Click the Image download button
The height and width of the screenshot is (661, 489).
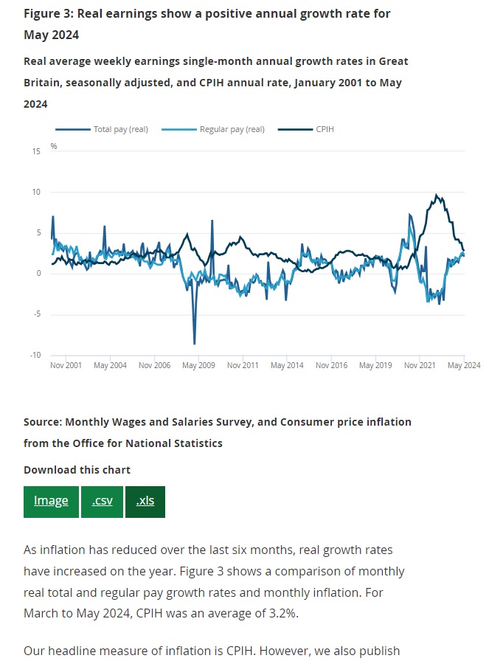51,501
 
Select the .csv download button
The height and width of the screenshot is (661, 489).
103,501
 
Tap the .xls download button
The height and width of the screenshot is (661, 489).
145,501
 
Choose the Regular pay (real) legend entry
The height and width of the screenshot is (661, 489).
232,130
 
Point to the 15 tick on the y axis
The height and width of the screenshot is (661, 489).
36,151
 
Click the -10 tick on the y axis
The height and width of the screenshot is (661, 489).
35,355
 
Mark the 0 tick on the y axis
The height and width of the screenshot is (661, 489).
38,274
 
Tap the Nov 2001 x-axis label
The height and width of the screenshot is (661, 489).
66,365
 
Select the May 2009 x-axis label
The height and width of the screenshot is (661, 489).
198,365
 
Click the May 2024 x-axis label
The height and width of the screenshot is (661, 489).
464,365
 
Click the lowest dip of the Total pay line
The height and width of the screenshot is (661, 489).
195,344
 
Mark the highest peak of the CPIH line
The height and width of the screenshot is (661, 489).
436,195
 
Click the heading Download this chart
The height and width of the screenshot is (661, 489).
77,470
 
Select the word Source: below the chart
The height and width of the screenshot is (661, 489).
43,422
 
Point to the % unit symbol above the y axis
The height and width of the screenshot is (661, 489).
54,146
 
